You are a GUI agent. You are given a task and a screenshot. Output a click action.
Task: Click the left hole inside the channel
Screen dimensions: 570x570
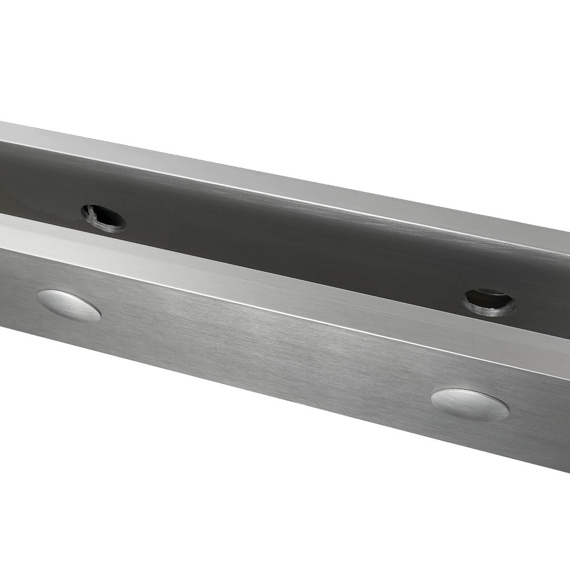point(103,218)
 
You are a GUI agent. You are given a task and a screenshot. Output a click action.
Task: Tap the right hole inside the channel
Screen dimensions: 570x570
point(488,302)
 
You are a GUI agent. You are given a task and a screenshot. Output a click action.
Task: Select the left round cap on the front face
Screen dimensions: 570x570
point(68,305)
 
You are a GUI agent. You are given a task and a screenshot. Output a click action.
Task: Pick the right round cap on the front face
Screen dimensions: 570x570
point(470,405)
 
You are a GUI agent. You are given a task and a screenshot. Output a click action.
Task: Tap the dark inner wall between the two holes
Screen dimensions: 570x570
point(285,239)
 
